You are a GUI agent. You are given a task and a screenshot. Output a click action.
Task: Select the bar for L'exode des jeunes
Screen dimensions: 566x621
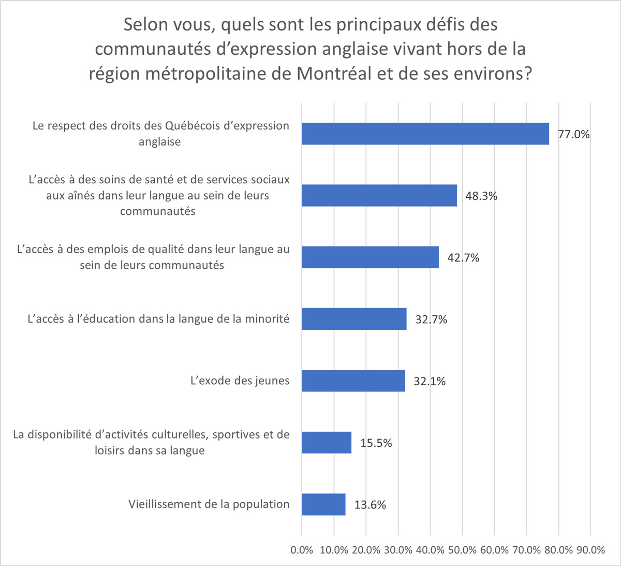coord(353,381)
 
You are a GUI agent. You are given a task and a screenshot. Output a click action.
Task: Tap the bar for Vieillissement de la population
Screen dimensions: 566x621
coord(323,504)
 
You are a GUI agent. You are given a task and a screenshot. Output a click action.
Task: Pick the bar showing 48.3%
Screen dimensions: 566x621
coord(379,196)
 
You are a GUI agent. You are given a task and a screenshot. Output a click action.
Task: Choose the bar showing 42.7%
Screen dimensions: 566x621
coord(370,257)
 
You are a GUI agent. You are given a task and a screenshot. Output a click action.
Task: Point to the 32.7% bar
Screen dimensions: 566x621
coord(354,319)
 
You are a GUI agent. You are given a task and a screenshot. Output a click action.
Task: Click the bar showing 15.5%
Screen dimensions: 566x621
coord(327,443)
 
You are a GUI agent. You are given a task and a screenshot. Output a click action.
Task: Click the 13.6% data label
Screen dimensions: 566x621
coord(370,505)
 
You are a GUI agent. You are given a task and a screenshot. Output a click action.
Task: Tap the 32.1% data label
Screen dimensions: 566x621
coord(430,382)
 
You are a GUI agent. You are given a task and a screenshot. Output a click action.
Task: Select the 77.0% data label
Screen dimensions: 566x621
coord(573,134)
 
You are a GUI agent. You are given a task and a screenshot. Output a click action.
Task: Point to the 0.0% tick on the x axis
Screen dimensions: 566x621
coord(302,550)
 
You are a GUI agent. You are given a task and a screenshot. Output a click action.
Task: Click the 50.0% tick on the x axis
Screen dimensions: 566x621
coord(462,550)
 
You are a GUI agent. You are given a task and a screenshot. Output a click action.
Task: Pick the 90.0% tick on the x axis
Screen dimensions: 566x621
coord(590,550)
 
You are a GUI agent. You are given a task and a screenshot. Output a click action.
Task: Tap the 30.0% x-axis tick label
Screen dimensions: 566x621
coord(398,550)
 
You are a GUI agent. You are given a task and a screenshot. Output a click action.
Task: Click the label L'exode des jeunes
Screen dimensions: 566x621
coord(240,381)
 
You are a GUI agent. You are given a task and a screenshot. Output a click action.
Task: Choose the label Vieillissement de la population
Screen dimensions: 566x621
coord(209,504)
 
